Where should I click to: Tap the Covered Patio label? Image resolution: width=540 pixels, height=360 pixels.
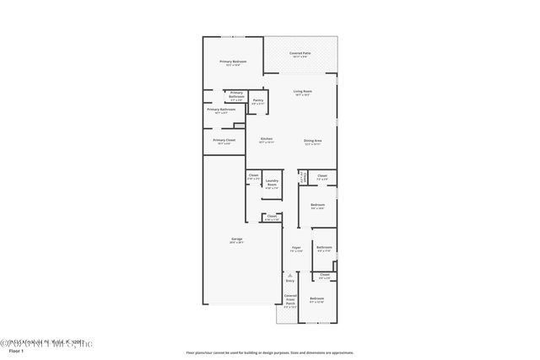click(x=301, y=53)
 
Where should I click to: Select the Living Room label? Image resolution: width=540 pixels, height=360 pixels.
click(x=302, y=91)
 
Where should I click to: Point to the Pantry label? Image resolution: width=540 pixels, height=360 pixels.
click(x=257, y=101)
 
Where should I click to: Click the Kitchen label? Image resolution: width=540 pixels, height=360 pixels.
click(x=266, y=139)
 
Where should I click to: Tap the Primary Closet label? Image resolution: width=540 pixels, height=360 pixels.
click(x=224, y=140)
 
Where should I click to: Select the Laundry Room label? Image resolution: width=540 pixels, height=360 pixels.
click(x=272, y=182)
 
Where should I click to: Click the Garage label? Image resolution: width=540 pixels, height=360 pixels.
click(x=237, y=239)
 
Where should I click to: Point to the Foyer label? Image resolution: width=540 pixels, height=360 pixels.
click(x=295, y=248)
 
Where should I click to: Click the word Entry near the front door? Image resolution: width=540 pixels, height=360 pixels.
click(x=289, y=281)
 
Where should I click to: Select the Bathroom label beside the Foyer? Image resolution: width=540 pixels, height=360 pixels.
click(x=324, y=247)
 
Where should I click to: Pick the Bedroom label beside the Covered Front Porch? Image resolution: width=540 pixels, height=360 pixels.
click(x=316, y=299)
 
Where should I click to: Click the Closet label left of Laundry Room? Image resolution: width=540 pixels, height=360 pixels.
click(x=253, y=175)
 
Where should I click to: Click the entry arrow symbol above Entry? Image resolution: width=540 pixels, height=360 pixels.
click(x=289, y=274)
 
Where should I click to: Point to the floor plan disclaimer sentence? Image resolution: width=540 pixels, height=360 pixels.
click(x=270, y=352)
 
